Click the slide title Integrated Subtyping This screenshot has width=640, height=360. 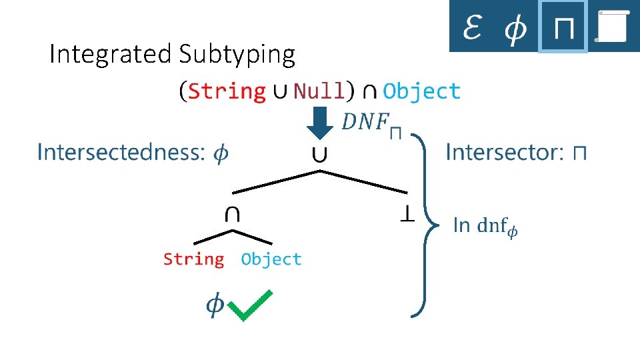(x=172, y=55)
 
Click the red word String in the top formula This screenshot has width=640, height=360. (x=227, y=91)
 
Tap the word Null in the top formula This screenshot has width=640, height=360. (x=319, y=91)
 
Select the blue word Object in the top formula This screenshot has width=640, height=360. (x=421, y=91)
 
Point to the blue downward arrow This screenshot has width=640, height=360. (x=322, y=125)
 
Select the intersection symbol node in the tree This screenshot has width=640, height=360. (x=233, y=213)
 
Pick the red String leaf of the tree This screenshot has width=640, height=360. (x=193, y=259)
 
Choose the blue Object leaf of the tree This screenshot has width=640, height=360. (x=271, y=259)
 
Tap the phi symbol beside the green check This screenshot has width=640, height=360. (x=214, y=304)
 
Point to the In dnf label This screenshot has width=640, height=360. (x=485, y=226)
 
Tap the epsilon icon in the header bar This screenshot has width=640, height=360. (x=472, y=27)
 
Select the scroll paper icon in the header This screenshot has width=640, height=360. (x=612, y=27)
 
